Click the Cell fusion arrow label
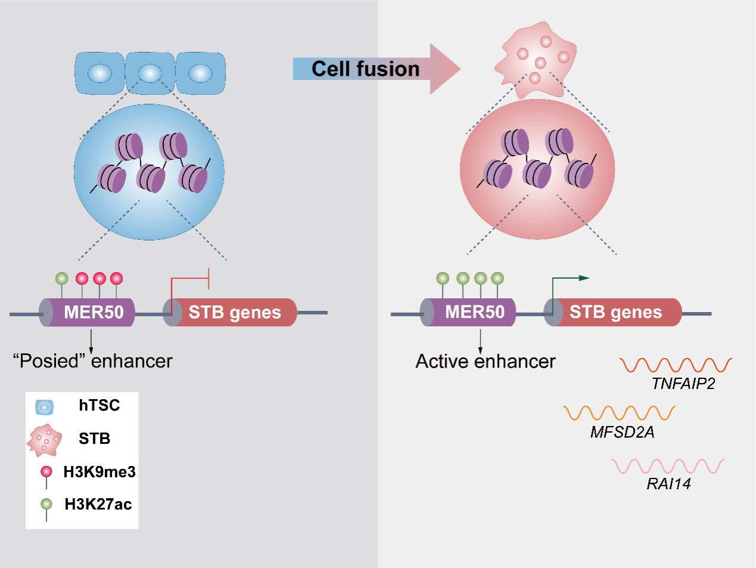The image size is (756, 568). click(365, 69)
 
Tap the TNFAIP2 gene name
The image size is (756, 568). click(683, 382)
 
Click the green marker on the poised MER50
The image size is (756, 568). click(62, 278)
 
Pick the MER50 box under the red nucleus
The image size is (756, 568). click(475, 312)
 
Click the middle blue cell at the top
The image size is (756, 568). click(150, 73)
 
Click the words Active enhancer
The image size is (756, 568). click(485, 361)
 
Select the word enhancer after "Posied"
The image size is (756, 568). click(137, 361)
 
